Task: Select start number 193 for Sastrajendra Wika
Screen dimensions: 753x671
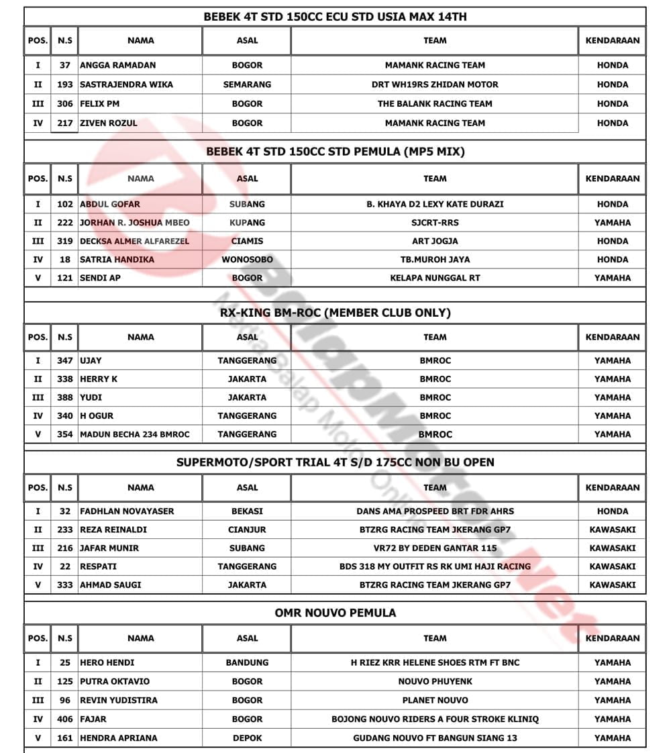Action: pyautogui.click(x=65, y=85)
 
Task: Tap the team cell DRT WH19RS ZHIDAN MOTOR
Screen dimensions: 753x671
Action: pyautogui.click(x=435, y=85)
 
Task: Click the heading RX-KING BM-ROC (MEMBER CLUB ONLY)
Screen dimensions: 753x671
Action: pyautogui.click(x=335, y=313)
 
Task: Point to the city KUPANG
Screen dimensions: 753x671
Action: pyautogui.click(x=247, y=222)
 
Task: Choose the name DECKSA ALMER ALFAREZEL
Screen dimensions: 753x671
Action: pyautogui.click(x=135, y=241)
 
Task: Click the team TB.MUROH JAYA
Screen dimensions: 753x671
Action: pyautogui.click(x=435, y=259)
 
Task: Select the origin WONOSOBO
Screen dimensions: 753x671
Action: pyautogui.click(x=247, y=259)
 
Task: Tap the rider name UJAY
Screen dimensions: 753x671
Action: pyautogui.click(x=91, y=360)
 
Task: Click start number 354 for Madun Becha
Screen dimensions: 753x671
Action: pyautogui.click(x=65, y=434)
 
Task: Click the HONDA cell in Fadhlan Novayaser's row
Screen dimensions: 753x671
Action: pyautogui.click(x=612, y=511)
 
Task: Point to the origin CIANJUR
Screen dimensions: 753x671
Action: pyautogui.click(x=247, y=530)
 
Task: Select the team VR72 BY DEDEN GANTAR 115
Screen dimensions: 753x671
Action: pyautogui.click(x=435, y=548)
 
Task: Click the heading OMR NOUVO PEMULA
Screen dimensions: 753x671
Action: pyautogui.click(x=335, y=613)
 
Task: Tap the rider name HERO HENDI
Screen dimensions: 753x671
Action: pyautogui.click(x=107, y=662)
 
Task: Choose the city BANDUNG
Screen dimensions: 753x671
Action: pyautogui.click(x=247, y=662)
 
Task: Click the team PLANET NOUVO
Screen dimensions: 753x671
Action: pyautogui.click(x=435, y=700)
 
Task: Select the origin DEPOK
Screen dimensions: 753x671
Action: pyautogui.click(x=247, y=738)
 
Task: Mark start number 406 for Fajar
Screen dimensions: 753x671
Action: pyautogui.click(x=65, y=719)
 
